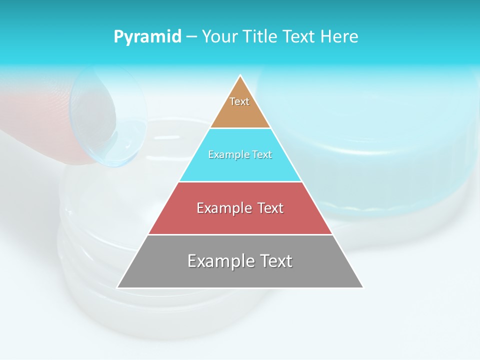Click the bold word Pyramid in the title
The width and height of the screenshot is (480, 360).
pos(147,36)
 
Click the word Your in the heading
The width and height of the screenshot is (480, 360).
pos(219,36)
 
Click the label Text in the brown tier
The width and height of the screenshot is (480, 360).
pos(239,101)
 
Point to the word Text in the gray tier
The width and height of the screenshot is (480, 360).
pos(274,261)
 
